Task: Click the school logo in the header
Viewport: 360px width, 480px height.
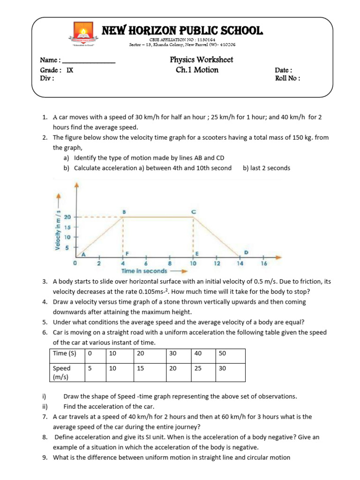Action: tap(83, 35)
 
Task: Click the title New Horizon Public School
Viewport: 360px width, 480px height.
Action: tap(183, 31)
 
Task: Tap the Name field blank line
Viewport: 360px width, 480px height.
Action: tap(89, 61)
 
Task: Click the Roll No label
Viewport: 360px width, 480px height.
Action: tap(287, 78)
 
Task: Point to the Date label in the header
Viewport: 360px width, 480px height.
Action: tap(283, 70)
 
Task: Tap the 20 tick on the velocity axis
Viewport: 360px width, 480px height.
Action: tap(68, 217)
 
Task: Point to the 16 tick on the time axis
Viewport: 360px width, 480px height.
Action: tap(264, 263)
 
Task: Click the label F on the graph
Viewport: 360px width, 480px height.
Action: tap(127, 253)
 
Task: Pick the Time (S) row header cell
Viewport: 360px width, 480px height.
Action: tap(67, 354)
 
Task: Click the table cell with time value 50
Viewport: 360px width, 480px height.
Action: tap(230, 354)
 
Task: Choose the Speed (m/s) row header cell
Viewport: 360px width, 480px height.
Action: tap(67, 372)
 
